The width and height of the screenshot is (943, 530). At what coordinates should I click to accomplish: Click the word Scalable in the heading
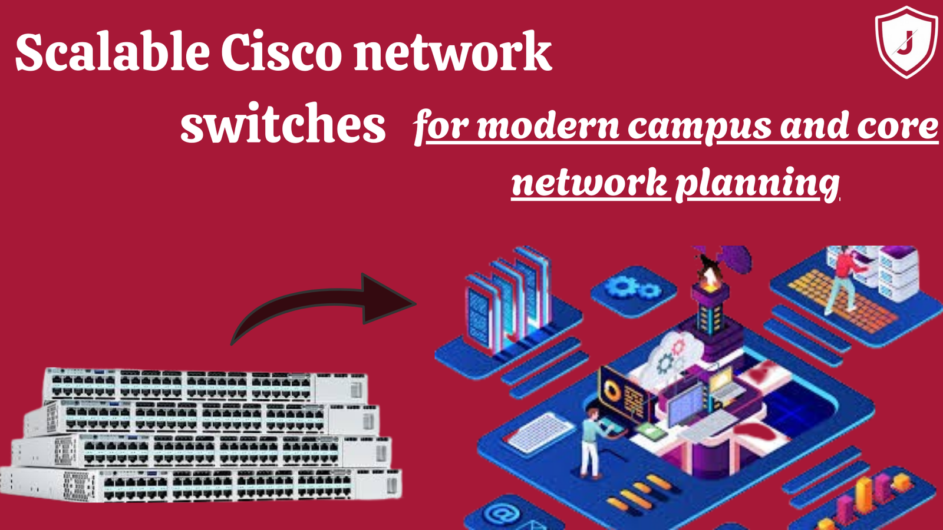point(112,53)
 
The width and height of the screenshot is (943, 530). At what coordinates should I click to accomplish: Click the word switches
point(282,124)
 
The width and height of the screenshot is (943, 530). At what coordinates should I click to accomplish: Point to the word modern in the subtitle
point(548,127)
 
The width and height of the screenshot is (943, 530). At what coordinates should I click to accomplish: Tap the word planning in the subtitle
point(757,184)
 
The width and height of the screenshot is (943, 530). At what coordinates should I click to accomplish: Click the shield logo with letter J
point(906,42)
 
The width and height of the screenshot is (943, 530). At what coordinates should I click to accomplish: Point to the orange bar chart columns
point(866,495)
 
